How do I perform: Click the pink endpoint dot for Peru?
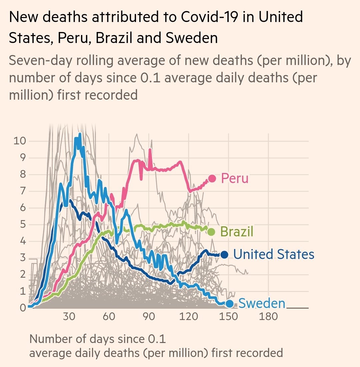click(x=212, y=179)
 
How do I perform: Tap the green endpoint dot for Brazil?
click(x=211, y=232)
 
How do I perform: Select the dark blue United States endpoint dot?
click(x=224, y=255)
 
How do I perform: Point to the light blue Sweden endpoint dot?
click(x=229, y=304)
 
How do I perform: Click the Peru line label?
click(x=235, y=179)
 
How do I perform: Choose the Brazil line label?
click(x=237, y=232)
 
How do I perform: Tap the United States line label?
click(x=273, y=255)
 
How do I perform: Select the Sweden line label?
click(x=262, y=304)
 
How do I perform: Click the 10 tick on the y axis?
click(x=20, y=141)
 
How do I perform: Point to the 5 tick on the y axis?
click(x=22, y=224)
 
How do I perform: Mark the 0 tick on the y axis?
click(x=22, y=308)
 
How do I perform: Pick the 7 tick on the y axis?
click(x=22, y=191)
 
